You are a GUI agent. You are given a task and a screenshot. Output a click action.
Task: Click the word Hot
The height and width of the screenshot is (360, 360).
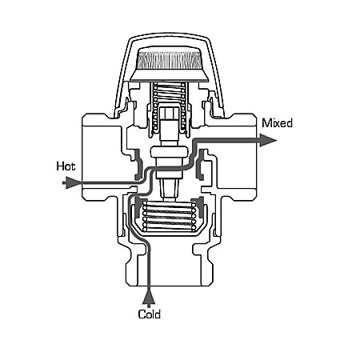coord(65,166)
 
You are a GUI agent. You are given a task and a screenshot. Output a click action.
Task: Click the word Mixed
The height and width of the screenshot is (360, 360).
coord(278,124)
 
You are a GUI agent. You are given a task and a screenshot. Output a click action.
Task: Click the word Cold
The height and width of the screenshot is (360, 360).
coord(150,314)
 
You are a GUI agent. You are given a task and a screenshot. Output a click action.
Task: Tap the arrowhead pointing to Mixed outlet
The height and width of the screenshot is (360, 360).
coord(269,140)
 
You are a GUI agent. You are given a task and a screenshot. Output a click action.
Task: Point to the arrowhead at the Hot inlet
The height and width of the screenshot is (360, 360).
coord(72,182)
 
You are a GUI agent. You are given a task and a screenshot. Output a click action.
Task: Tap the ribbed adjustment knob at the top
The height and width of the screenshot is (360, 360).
coord(171,59)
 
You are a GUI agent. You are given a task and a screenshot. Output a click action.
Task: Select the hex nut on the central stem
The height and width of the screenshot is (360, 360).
coord(170,127)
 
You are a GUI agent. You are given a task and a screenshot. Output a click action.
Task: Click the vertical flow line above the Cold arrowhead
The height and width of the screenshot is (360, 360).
coord(150,272)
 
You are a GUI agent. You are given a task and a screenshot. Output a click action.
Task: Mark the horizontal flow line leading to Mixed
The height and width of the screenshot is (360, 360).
coord(232,140)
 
